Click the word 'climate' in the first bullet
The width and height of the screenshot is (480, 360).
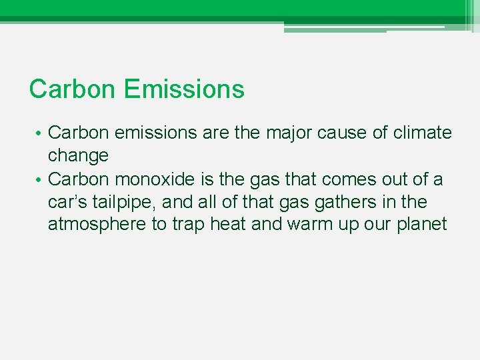click(422, 133)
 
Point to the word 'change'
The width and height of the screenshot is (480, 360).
click(78, 155)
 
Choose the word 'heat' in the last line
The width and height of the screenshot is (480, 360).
click(228, 224)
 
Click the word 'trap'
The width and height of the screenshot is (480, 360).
click(188, 224)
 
